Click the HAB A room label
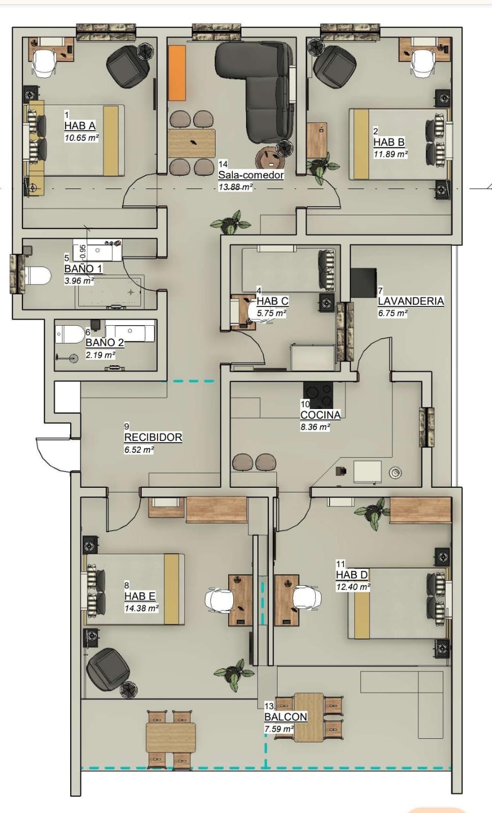pos(80,126)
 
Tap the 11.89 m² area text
pos(391,154)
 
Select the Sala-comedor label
pos(251,175)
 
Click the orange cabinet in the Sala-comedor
pos(177,73)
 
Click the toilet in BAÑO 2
pos(70,334)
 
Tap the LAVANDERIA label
pos(411,301)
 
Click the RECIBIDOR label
pos(153,437)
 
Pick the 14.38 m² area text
pos(142,608)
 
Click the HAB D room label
pos(352,575)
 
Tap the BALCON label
pos(286,717)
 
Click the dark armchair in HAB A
pos(128,67)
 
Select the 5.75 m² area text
pos(271,313)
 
